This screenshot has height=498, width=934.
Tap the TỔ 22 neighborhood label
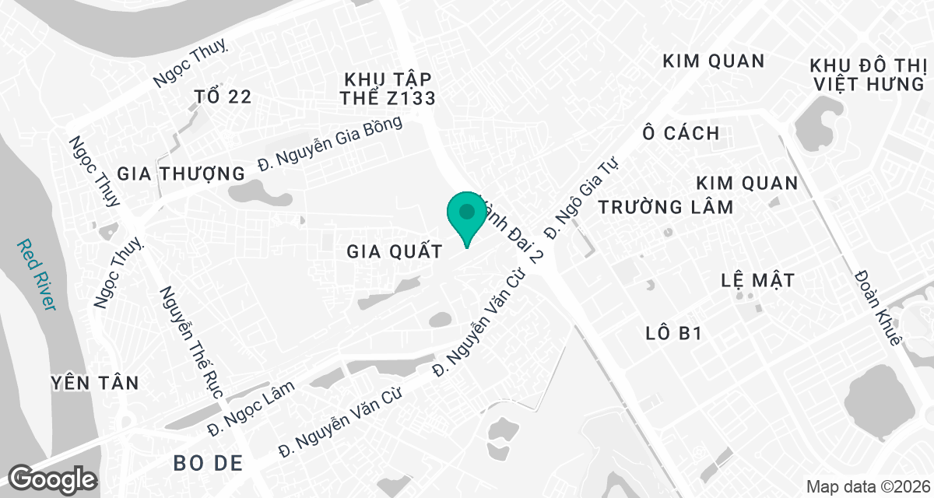click(x=223, y=96)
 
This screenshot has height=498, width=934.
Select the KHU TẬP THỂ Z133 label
click(x=387, y=88)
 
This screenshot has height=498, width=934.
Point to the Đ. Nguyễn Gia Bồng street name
click(x=331, y=143)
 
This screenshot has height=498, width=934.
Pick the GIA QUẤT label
click(x=395, y=251)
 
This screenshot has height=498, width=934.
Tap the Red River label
click(x=37, y=274)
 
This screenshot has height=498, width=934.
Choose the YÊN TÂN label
click(x=94, y=383)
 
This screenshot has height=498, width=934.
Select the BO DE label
click(x=209, y=464)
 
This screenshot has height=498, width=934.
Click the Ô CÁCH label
click(x=681, y=133)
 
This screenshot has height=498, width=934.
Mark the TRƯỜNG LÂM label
click(x=665, y=207)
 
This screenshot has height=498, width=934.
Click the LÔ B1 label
click(x=674, y=334)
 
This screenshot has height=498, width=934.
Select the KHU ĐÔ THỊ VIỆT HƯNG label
click(x=867, y=74)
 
